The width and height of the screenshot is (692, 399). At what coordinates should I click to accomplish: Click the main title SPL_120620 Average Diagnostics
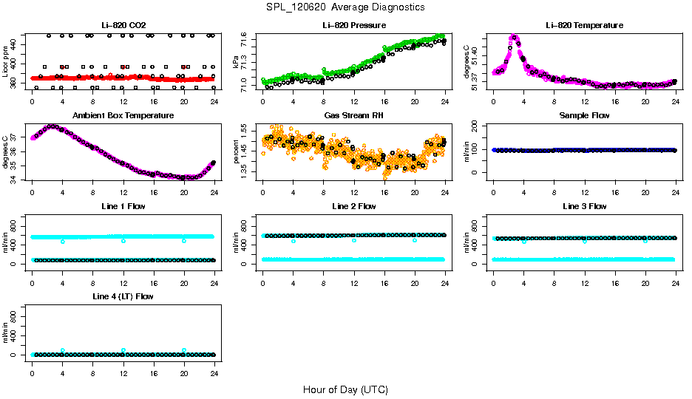pos(346,7)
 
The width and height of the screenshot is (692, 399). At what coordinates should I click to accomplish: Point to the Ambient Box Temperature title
pos(123,116)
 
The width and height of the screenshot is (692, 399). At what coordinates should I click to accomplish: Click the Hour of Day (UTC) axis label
pos(345,389)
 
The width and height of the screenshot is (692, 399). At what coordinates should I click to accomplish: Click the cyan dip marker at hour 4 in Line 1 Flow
pos(63,241)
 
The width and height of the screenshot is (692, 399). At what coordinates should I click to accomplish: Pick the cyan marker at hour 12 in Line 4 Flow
pos(123,350)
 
